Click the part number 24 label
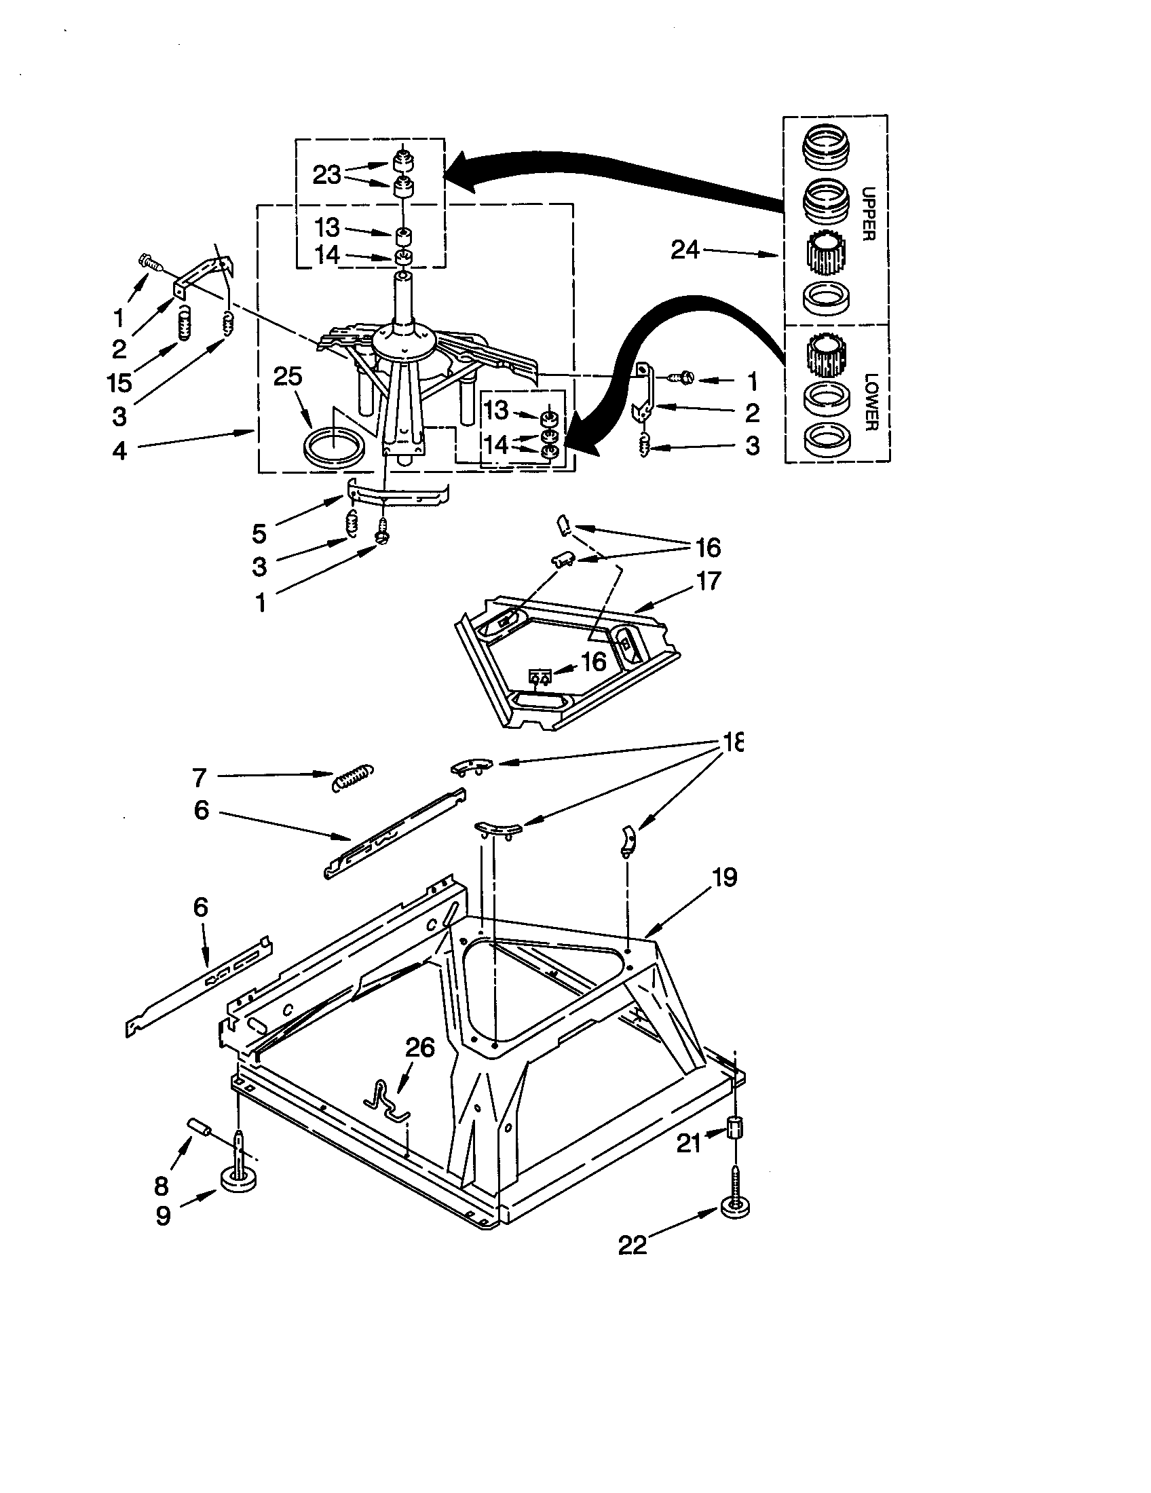[685, 250]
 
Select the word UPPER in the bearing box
[868, 214]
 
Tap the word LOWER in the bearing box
[869, 401]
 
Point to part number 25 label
[288, 376]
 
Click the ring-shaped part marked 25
[333, 449]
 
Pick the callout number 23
[326, 175]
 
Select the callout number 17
[708, 581]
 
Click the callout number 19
[725, 877]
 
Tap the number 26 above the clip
[420, 1047]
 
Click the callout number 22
[633, 1245]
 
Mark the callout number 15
[119, 383]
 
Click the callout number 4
[119, 451]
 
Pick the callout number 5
[259, 533]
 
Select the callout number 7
[199, 777]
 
